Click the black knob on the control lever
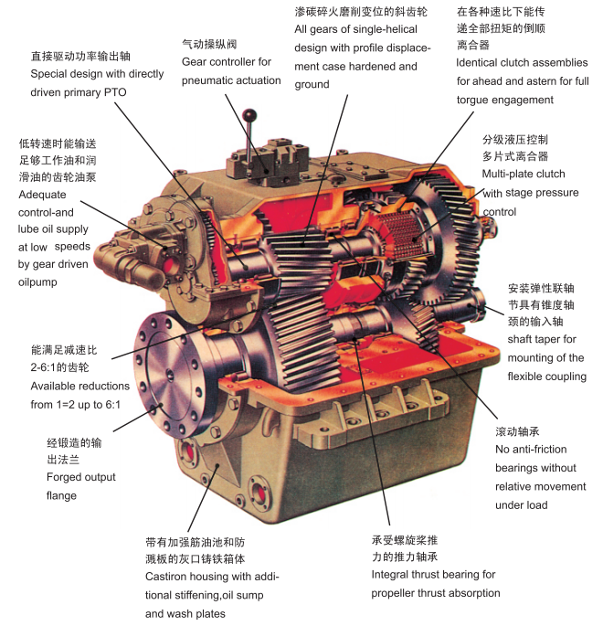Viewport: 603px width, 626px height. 249,115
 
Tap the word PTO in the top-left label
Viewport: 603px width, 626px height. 115,92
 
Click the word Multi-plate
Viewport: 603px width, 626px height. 503,174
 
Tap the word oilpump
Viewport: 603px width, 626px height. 37,282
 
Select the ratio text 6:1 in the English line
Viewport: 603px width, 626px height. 112,405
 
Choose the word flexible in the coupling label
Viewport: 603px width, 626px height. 523,377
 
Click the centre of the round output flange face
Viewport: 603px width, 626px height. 170,375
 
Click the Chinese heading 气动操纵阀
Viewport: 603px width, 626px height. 209,44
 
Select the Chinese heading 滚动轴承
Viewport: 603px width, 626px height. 518,431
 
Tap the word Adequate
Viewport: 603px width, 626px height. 42,195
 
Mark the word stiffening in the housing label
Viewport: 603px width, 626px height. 190,595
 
